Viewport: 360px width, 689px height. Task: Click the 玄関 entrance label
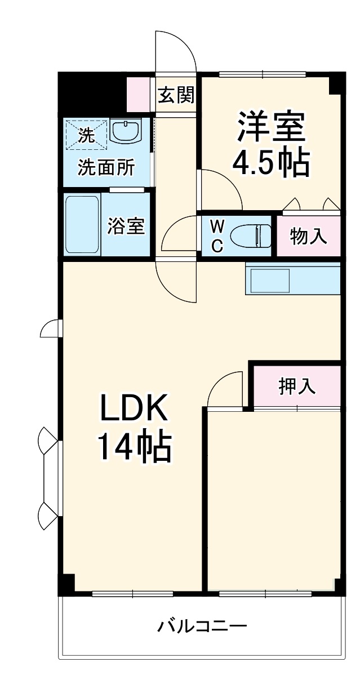[176, 95]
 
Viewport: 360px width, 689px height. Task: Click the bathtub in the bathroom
[82, 225]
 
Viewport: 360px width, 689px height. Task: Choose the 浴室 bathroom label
[126, 226]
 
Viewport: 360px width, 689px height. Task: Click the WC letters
[217, 235]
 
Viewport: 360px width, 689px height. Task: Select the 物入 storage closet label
[308, 237]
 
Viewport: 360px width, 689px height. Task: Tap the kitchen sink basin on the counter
[269, 281]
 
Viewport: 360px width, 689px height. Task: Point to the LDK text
[134, 408]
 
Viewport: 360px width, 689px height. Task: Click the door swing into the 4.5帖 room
[220, 189]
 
